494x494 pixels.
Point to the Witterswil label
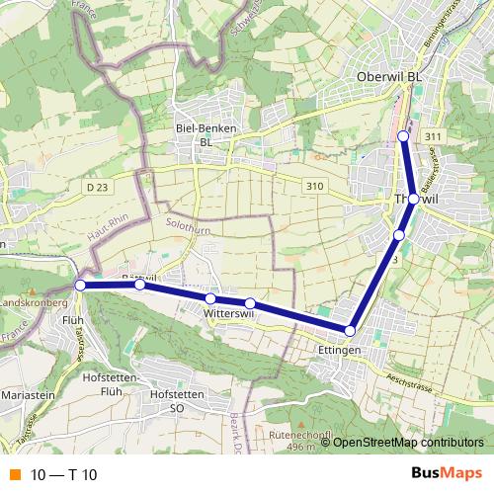point(230,313)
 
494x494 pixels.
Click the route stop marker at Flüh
point(80,286)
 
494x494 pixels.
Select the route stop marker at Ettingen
point(350,330)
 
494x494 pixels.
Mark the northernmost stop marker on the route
point(403,135)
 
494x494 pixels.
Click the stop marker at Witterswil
point(210,298)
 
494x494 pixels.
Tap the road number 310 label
point(315,186)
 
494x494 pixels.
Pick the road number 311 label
point(431,135)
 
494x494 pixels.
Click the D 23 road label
point(96,186)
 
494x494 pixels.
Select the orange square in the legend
point(15,475)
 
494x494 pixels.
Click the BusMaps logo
point(448,474)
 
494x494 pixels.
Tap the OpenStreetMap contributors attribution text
point(408,442)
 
